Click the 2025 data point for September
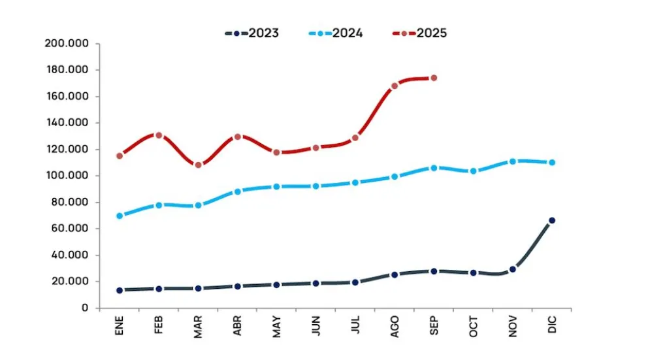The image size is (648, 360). point(434,78)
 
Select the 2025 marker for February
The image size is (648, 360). point(159,135)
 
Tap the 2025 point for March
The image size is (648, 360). point(198,165)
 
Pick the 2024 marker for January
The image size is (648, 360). point(120,216)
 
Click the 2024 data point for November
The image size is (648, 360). point(513,161)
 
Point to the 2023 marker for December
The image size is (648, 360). point(552,221)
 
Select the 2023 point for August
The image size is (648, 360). point(395,274)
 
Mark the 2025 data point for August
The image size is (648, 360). point(395,86)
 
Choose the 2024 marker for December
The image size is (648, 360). point(552,162)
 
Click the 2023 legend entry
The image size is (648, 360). point(252,33)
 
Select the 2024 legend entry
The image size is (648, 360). point(336,33)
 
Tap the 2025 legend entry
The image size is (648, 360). point(420,33)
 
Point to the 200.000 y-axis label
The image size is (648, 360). point(71,44)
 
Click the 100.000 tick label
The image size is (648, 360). point(71,176)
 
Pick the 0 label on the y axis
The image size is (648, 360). point(86,308)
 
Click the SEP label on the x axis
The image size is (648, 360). point(434,325)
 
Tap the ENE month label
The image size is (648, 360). point(120,325)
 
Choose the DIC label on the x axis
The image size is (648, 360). point(552,325)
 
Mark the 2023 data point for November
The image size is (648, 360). point(513,269)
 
